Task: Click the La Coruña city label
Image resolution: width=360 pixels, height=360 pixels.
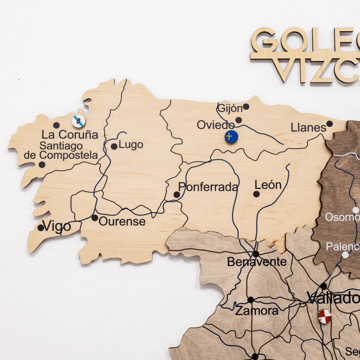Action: tap(70, 135)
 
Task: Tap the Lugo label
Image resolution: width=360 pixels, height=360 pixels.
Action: tap(131, 145)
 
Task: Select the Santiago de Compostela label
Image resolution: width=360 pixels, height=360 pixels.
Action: tap(61, 151)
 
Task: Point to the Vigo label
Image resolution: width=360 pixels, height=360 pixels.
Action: tap(57, 226)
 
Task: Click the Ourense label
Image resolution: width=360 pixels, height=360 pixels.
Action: tap(122, 221)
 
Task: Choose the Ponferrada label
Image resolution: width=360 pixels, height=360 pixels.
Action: tap(208, 187)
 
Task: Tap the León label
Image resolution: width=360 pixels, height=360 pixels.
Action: tap(268, 185)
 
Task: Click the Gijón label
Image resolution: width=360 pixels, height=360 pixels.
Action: tap(229, 108)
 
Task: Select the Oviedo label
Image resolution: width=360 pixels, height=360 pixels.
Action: tap(216, 125)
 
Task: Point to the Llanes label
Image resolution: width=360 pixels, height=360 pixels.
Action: tap(308, 127)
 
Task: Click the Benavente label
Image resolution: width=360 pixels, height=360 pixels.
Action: tap(256, 261)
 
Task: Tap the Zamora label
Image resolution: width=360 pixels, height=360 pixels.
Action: tap(257, 310)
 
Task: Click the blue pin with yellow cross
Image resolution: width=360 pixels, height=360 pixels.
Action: tap(231, 136)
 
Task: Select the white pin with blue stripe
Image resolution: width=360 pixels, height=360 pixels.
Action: tap(79, 121)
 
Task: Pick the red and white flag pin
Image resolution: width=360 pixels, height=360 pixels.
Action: tap(324, 316)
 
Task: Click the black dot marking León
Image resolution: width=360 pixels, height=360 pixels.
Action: tap(256, 194)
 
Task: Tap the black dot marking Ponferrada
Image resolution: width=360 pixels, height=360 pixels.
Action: tap(177, 195)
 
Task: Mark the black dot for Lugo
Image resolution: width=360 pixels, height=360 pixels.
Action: tap(114, 146)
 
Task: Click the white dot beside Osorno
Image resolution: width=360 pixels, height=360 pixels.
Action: tap(355, 210)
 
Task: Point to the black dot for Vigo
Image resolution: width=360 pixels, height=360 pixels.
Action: tap(41, 228)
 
